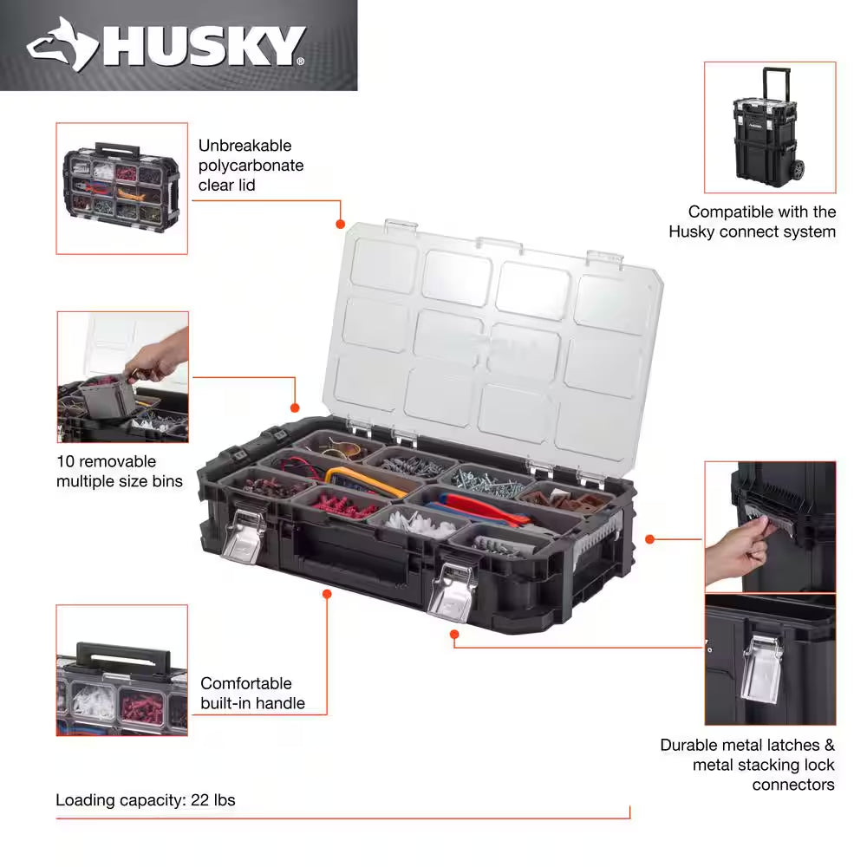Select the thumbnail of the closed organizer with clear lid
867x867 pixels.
click(121, 188)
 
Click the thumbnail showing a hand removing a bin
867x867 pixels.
click(121, 377)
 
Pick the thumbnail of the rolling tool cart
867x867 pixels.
click(769, 127)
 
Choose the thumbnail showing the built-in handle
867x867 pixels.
click(121, 670)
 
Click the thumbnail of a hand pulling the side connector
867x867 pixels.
click(769, 525)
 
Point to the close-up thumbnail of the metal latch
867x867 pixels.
click(769, 659)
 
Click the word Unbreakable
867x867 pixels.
click(245, 146)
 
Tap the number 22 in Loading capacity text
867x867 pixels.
click(199, 800)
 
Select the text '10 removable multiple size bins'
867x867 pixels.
click(119, 471)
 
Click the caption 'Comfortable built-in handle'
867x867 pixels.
click(252, 693)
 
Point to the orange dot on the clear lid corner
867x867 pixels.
click(341, 225)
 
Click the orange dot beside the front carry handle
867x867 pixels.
click(328, 594)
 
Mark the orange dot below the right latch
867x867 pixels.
click(453, 635)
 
